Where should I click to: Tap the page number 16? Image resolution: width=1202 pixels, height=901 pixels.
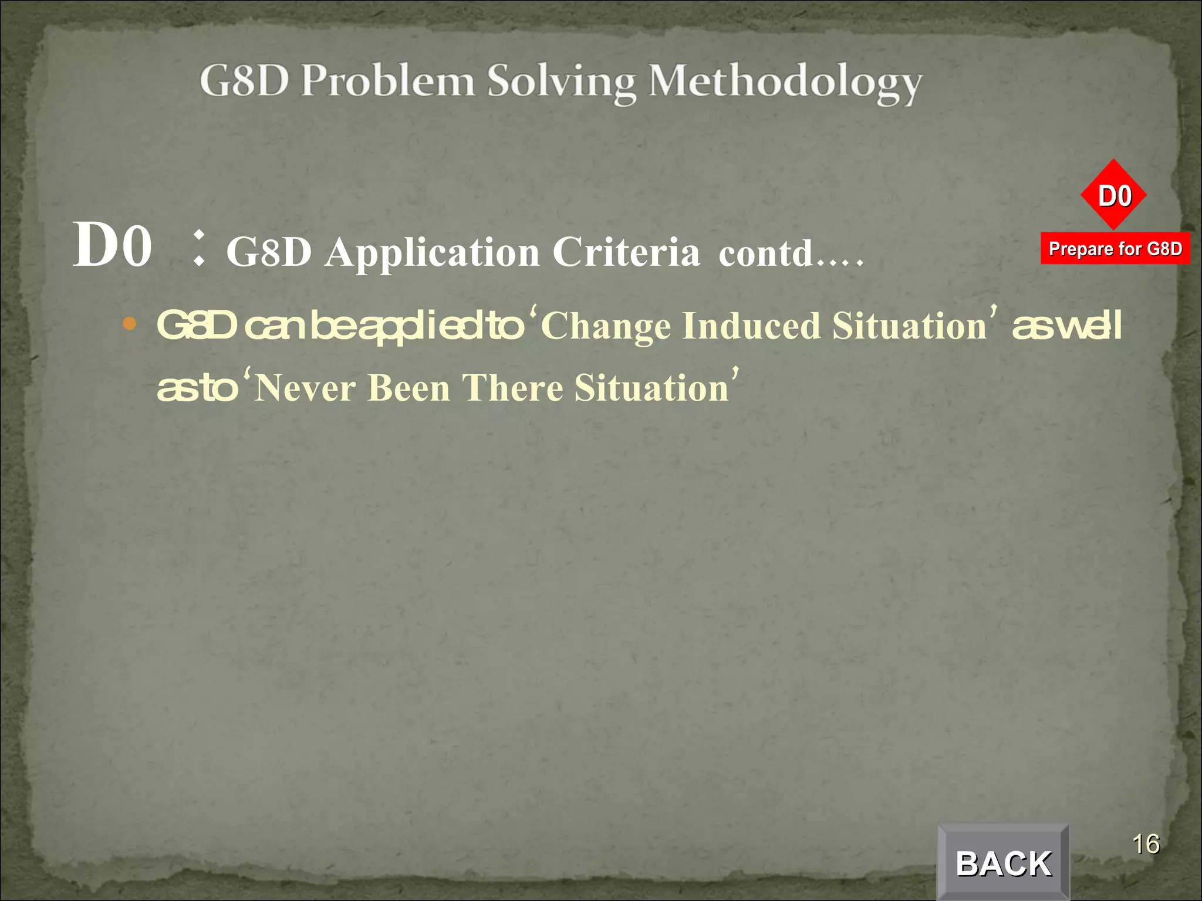point(1145,844)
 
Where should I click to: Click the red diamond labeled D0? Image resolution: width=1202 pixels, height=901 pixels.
point(1114,195)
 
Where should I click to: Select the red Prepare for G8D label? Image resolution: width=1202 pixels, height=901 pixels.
point(1115,249)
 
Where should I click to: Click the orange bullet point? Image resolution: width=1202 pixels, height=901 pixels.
point(130,323)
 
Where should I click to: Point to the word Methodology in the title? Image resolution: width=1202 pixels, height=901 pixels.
point(785,83)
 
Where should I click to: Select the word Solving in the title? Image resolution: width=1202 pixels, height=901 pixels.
point(561,83)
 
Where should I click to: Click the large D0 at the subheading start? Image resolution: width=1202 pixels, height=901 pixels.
point(112,245)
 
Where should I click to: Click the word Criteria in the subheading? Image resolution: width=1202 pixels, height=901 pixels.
point(626,252)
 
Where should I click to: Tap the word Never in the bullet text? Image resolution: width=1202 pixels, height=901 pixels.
point(305,388)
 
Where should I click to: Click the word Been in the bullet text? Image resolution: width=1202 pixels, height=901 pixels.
point(409,388)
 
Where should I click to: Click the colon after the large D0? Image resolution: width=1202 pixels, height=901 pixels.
point(199,248)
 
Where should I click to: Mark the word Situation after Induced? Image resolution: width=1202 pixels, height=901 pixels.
point(910,326)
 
